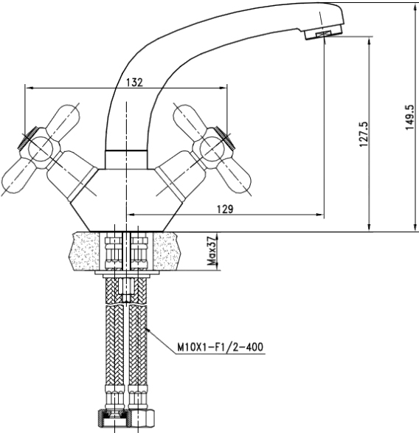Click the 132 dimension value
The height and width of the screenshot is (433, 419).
(134, 82)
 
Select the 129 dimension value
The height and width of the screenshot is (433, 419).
(225, 209)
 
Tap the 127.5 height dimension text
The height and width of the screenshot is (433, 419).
(364, 134)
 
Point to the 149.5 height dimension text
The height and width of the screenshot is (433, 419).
(409, 117)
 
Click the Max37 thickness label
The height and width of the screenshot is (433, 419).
(212, 251)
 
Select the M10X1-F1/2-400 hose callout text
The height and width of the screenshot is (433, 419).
(220, 347)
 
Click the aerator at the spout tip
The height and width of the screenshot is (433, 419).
(323, 34)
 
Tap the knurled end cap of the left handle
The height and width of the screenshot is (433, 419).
(27, 138)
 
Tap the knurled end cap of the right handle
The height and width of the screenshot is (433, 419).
(225, 138)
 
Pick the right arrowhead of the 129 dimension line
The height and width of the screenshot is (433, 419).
(319, 215)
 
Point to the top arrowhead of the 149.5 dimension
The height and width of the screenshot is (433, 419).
(415, 7)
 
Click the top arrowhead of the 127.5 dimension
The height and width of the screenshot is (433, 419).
(369, 41)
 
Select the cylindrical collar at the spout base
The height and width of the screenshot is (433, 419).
(126, 159)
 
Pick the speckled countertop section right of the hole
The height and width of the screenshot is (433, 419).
(167, 252)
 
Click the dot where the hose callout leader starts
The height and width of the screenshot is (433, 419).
(148, 329)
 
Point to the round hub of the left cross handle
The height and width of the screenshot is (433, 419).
(41, 148)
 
